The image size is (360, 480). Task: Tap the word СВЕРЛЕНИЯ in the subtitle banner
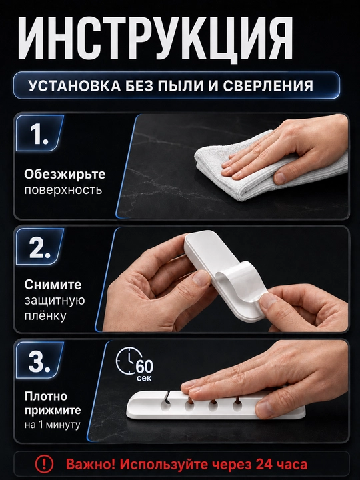268,86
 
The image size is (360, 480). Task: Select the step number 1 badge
40,133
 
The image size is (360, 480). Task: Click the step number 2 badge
40,247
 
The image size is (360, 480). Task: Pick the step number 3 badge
40,360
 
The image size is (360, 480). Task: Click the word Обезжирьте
65,175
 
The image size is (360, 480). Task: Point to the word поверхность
63,191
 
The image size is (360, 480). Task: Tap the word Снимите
53,285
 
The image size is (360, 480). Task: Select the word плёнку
45,315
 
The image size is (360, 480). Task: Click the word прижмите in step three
53,411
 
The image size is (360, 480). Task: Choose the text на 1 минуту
53,425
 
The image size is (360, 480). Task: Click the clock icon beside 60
129,361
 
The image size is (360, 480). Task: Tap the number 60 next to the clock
145,367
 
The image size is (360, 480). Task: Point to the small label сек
144,379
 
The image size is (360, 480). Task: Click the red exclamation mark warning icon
44,465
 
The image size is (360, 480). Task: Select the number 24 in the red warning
265,465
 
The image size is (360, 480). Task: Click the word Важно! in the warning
91,465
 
